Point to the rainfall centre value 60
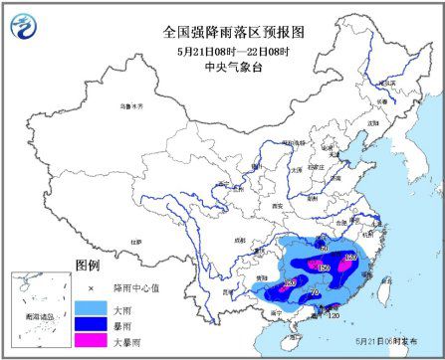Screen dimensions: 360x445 coord(323,246)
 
